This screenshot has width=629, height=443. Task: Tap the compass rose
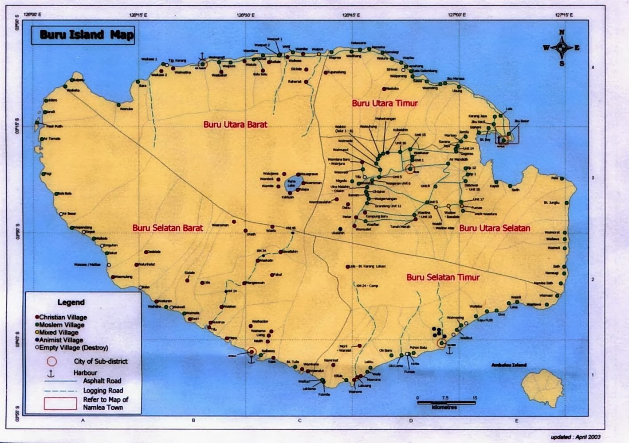click(562, 48)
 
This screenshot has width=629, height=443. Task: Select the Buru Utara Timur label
click(385, 103)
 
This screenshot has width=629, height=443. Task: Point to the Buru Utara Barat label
click(235, 124)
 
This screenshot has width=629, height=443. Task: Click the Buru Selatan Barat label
click(167, 228)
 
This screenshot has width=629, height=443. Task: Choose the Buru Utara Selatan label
click(494, 228)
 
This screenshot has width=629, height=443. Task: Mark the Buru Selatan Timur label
click(443, 277)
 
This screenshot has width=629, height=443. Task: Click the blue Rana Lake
click(292, 183)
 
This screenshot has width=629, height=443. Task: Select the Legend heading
click(71, 303)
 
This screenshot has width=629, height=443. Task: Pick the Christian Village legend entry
click(63, 317)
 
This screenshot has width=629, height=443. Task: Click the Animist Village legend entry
click(61, 340)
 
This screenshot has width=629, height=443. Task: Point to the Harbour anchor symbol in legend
click(51, 373)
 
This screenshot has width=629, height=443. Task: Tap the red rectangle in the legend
click(60, 403)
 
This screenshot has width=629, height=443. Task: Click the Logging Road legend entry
click(103, 390)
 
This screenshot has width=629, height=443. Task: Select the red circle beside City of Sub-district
click(51, 361)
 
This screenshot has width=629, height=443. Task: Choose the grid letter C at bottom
click(299, 420)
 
